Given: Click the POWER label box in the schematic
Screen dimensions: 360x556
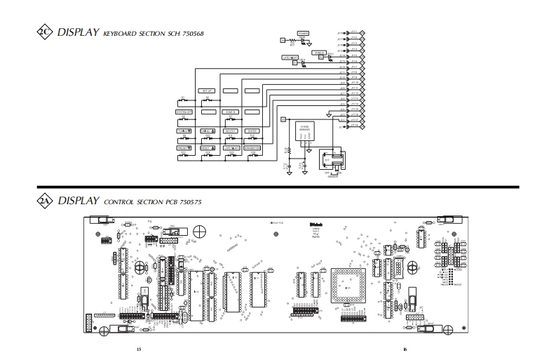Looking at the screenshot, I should pyautogui.click(x=304, y=33).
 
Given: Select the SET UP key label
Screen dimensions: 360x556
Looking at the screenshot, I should pyautogui.click(x=207, y=91).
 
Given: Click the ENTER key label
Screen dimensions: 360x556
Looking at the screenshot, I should pyautogui.click(x=252, y=131).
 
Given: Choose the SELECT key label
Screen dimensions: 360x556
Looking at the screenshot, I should pyautogui.click(x=230, y=131).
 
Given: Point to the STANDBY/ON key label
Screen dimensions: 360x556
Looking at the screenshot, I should pyautogui.click(x=252, y=148).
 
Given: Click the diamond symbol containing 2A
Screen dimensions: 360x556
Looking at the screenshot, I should pyautogui.click(x=44, y=201).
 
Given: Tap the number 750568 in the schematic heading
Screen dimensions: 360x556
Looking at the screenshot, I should pyautogui.click(x=189, y=34).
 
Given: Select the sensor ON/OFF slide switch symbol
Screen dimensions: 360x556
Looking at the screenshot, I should pyautogui.click(x=332, y=161).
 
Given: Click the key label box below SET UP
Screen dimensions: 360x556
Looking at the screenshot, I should pyautogui.click(x=207, y=111).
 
